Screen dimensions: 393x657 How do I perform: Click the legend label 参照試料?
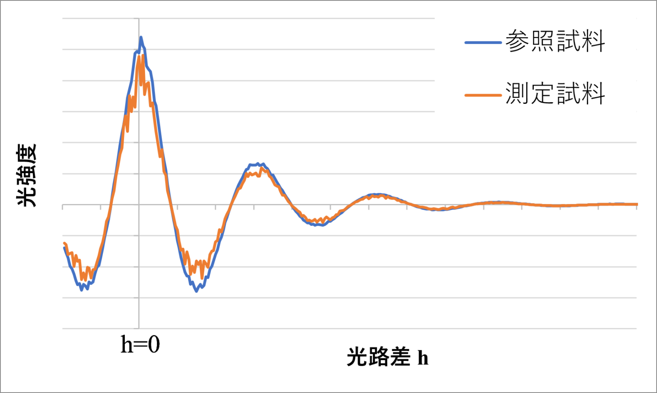tap(555, 42)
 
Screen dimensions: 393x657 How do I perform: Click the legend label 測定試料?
tap(555, 93)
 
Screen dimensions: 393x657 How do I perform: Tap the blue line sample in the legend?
tap(482, 42)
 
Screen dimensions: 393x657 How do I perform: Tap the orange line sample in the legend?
tap(482, 94)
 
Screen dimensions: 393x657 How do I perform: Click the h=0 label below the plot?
tap(140, 345)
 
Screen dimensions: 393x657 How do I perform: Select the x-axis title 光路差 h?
tap(388, 358)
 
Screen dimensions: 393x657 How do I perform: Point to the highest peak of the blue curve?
tap(140, 38)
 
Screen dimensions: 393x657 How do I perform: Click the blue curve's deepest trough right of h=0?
tap(196, 291)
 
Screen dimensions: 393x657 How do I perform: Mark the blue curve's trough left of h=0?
tap(82, 290)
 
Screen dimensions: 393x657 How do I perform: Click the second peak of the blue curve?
tap(257, 163)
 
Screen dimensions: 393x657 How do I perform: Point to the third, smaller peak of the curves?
tap(376, 195)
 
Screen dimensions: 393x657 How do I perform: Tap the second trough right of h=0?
tap(317, 224)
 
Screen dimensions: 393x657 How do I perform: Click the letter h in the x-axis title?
tap(423, 358)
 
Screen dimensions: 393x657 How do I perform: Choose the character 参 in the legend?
tap(517, 42)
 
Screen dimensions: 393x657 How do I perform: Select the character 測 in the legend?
tap(517, 93)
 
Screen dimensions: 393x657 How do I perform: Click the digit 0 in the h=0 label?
tap(154, 345)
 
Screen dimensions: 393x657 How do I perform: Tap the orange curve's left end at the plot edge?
tap(64, 243)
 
